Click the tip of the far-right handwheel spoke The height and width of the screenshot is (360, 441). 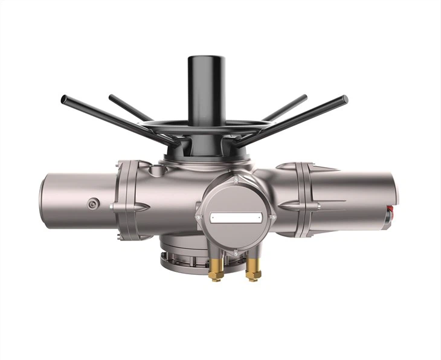(344, 98)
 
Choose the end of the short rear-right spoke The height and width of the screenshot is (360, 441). (303, 97)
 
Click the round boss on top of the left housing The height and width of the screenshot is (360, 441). (156, 172)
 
